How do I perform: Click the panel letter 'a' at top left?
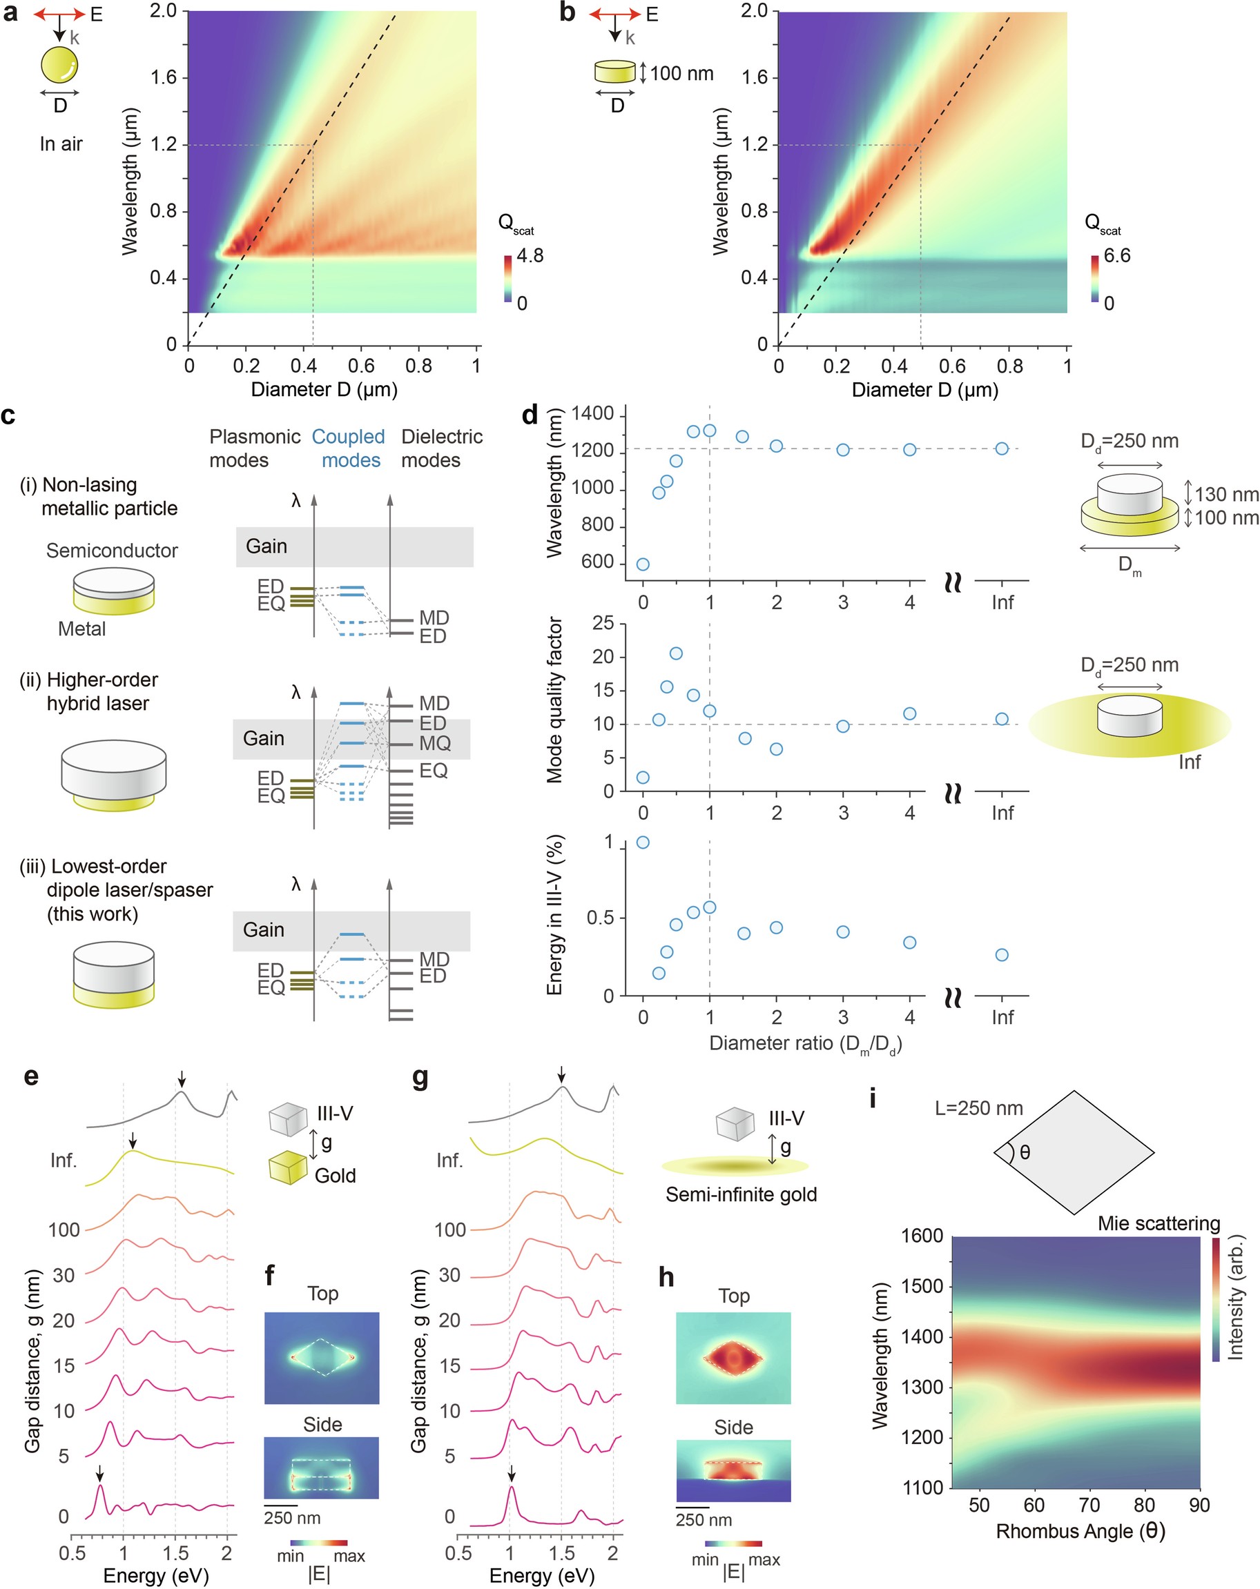pos(10,13)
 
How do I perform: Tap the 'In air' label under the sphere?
pos(61,144)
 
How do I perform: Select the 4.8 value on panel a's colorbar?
pos(530,256)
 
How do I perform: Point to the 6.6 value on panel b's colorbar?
pos(1116,256)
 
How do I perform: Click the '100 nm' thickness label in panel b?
pos(681,74)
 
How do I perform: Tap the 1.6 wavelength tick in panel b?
pos(754,77)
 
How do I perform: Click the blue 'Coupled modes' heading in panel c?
pos(349,448)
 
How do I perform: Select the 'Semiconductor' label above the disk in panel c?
pos(112,551)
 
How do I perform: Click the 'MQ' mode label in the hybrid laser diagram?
pos(435,743)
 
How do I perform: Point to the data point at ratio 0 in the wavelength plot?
pos(643,564)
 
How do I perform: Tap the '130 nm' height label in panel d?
pos(1226,494)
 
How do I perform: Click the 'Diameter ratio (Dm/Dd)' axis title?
pos(805,1044)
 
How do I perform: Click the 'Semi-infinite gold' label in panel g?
pos(741,1195)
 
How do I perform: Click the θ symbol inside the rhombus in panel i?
pos(1025,1153)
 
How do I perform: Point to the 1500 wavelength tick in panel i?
pos(922,1286)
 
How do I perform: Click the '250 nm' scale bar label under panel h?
pos(704,1521)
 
